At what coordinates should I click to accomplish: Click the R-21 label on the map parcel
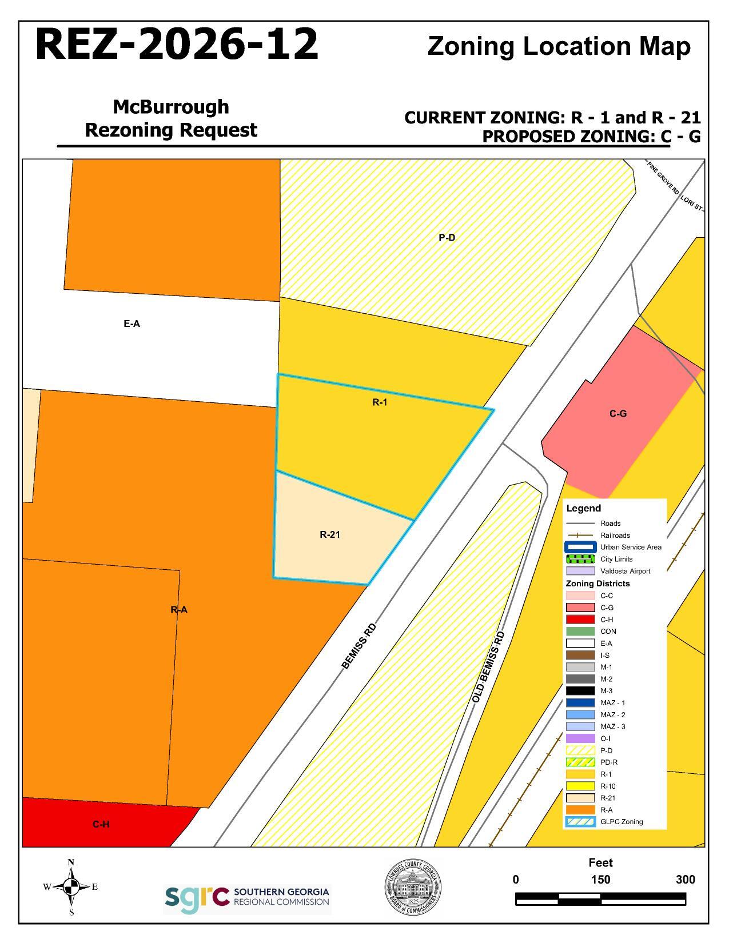coord(330,535)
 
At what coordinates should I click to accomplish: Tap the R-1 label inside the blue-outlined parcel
coord(380,402)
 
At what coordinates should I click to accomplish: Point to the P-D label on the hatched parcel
coord(447,238)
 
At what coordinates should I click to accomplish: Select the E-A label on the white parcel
coord(132,323)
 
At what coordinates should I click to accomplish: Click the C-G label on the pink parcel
coord(618,413)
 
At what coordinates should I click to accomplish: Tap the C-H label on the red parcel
coord(101,824)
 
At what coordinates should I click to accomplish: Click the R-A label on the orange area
coord(179,610)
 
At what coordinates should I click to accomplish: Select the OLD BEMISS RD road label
coord(489,667)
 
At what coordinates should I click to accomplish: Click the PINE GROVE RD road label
coord(663,178)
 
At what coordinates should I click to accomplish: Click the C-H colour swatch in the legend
coord(580,620)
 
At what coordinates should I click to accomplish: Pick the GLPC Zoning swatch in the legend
coord(580,822)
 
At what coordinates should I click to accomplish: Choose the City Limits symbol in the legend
coord(580,559)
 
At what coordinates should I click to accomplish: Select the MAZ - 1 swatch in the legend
coord(580,703)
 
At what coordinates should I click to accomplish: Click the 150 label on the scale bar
coord(600,880)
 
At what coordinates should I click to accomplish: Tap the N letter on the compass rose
coord(71,862)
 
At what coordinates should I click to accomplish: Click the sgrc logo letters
coord(197,900)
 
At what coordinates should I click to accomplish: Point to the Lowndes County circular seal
coord(412,888)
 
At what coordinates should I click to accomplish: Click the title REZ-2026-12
coord(177,45)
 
